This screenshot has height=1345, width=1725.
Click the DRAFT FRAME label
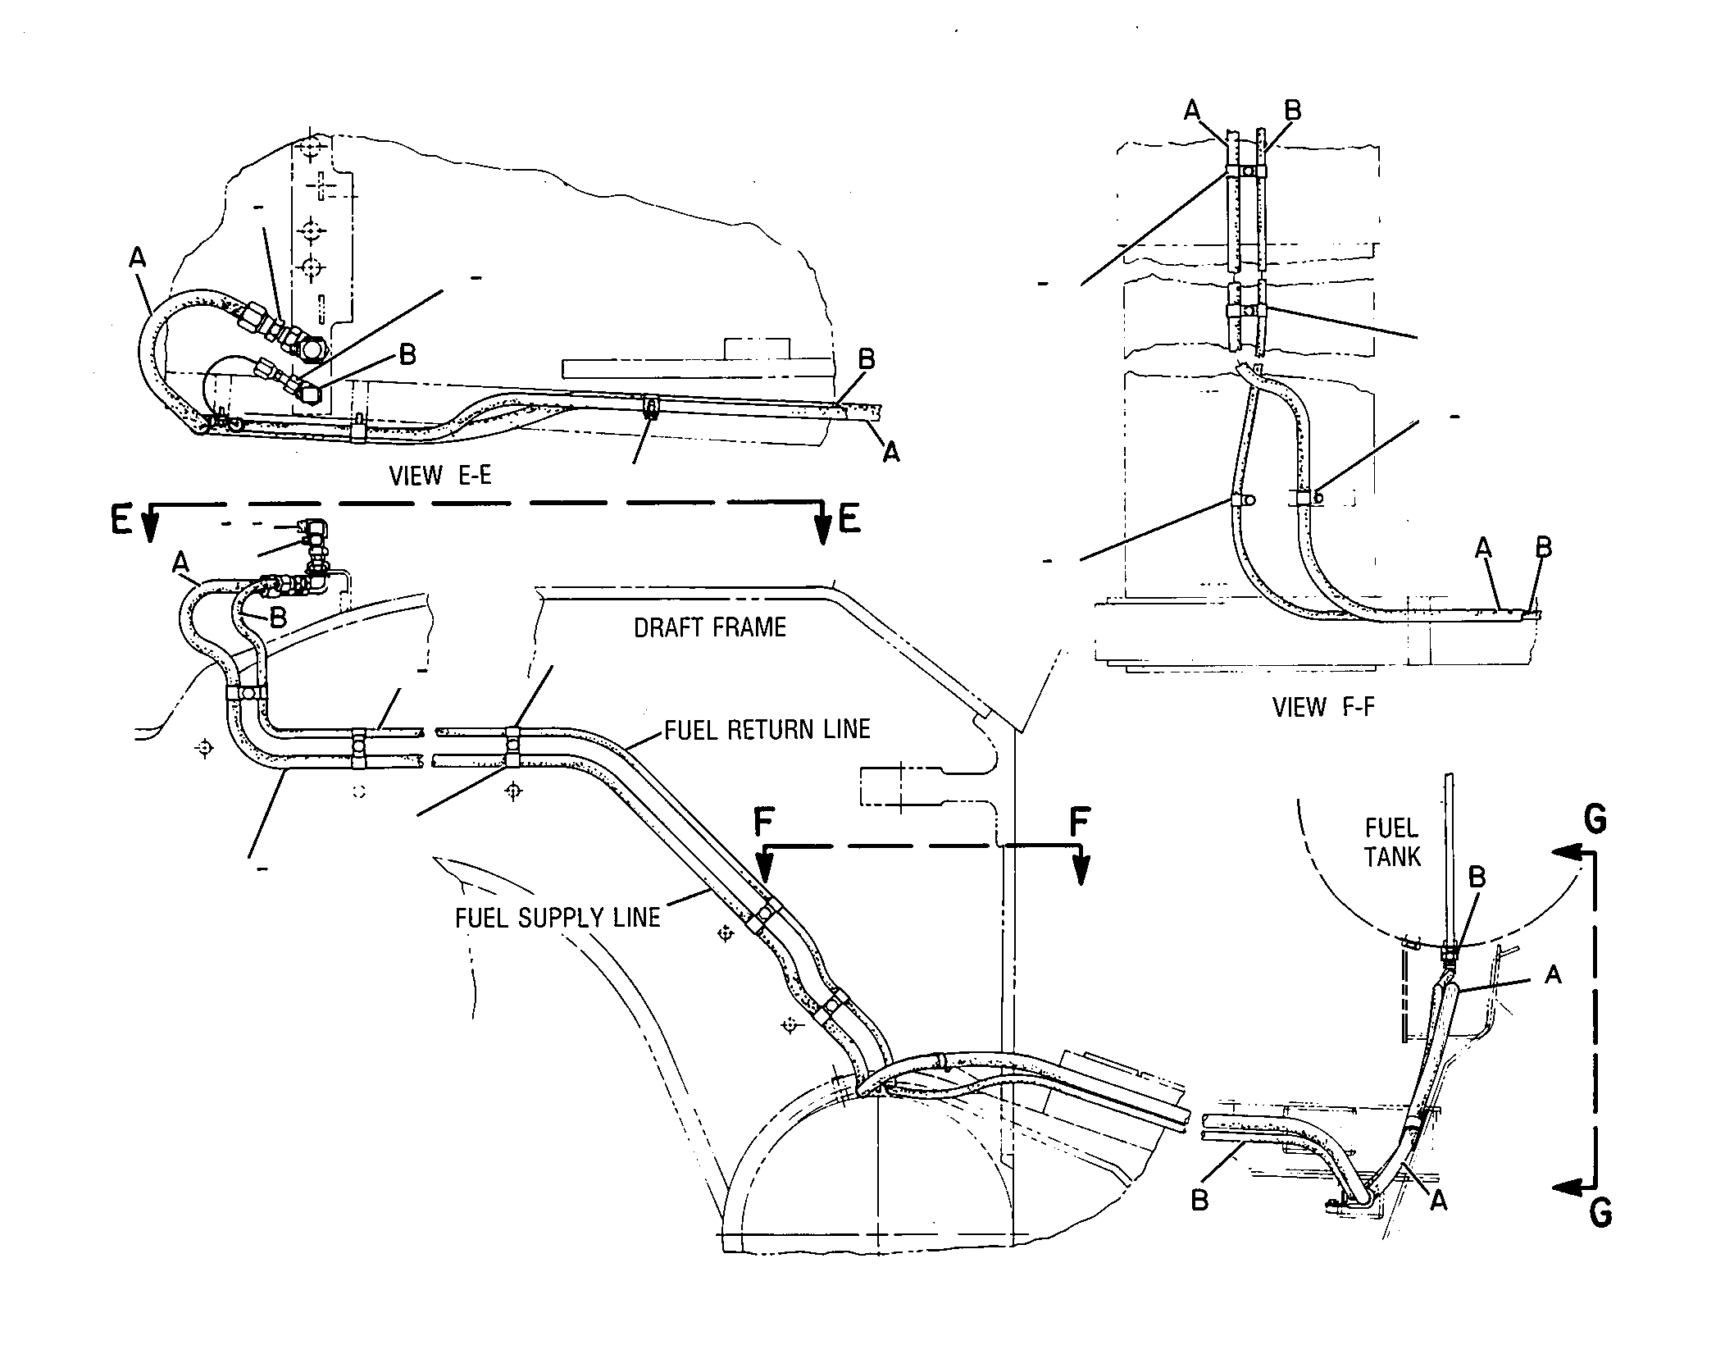(710, 628)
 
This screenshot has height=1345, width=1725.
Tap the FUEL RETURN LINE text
(767, 729)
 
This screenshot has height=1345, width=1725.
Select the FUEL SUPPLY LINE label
(558, 917)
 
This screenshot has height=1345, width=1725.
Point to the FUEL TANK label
(1393, 842)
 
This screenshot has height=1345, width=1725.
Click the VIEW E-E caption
(440, 476)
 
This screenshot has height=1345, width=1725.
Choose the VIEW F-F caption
(1323, 706)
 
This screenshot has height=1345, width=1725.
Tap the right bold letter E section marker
(850, 520)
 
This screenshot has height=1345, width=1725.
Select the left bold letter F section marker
(763, 823)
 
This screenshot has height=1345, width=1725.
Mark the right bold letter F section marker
(1081, 823)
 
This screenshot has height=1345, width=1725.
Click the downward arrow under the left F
(764, 866)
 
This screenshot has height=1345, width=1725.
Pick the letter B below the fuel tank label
(1477, 878)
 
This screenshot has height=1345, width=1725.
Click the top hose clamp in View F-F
(1246, 171)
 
